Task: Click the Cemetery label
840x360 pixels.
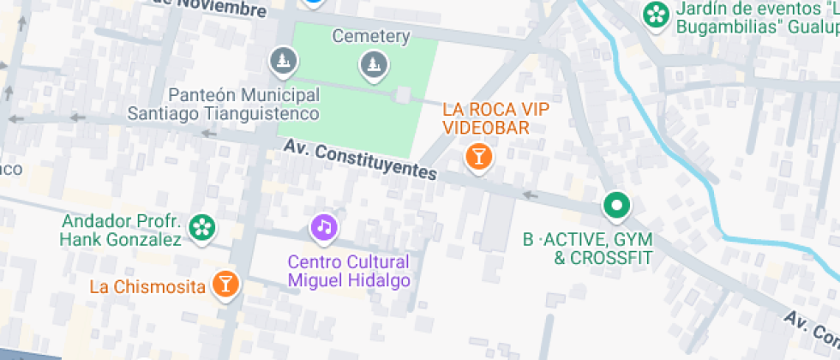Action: point(371,38)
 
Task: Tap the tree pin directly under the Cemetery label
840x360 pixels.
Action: point(373,63)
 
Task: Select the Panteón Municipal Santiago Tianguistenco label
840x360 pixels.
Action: point(223,104)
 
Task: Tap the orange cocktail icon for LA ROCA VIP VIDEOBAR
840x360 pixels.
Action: point(477,157)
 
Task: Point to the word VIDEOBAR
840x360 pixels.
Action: point(486,127)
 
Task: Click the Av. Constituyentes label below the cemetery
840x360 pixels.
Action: point(361,160)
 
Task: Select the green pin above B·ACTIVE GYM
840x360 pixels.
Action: point(616,206)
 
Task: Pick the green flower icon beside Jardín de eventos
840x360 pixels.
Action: point(656,14)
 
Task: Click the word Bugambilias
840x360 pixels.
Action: point(727,27)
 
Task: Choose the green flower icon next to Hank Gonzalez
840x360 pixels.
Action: point(202,227)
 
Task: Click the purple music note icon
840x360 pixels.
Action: point(323,227)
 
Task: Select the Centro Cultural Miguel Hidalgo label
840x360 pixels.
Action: point(349,271)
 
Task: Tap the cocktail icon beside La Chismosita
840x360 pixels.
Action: point(225,284)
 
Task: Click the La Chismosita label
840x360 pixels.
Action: point(148,286)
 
